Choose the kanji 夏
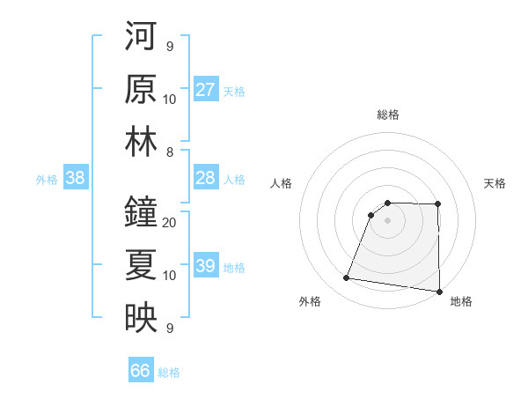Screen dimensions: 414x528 click(141, 265)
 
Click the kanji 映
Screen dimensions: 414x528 click(141, 318)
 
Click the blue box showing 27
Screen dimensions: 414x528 click(206, 90)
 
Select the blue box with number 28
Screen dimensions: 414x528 click(206, 178)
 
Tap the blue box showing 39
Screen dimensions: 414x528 click(206, 266)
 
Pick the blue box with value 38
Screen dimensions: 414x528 click(76, 178)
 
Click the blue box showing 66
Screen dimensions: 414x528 click(141, 371)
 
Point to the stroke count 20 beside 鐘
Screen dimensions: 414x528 click(170, 222)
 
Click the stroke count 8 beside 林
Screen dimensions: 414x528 click(170, 152)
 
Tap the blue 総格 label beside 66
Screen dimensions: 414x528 click(169, 373)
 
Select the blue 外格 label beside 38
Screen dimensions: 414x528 click(47, 180)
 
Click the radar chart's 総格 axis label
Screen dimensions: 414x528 click(388, 115)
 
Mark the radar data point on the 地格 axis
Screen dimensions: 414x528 click(439, 292)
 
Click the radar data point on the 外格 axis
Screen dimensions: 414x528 click(347, 278)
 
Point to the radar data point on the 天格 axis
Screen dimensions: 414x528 click(438, 204)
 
